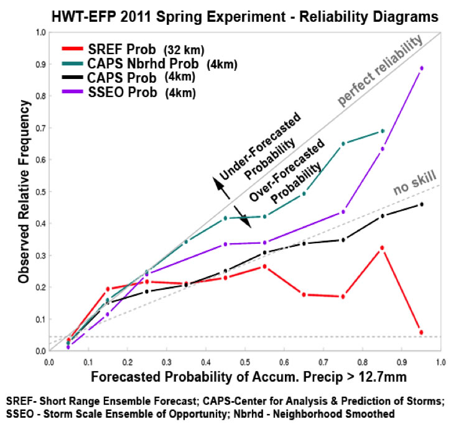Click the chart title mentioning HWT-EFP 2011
(x=225, y=16)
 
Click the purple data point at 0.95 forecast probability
(x=422, y=68)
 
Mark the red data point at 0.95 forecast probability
(x=421, y=333)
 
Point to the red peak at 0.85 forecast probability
(x=382, y=248)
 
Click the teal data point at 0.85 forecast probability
(x=383, y=131)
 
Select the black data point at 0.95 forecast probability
(x=422, y=205)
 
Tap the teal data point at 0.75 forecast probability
(x=343, y=144)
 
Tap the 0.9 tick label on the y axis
(x=41, y=64)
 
